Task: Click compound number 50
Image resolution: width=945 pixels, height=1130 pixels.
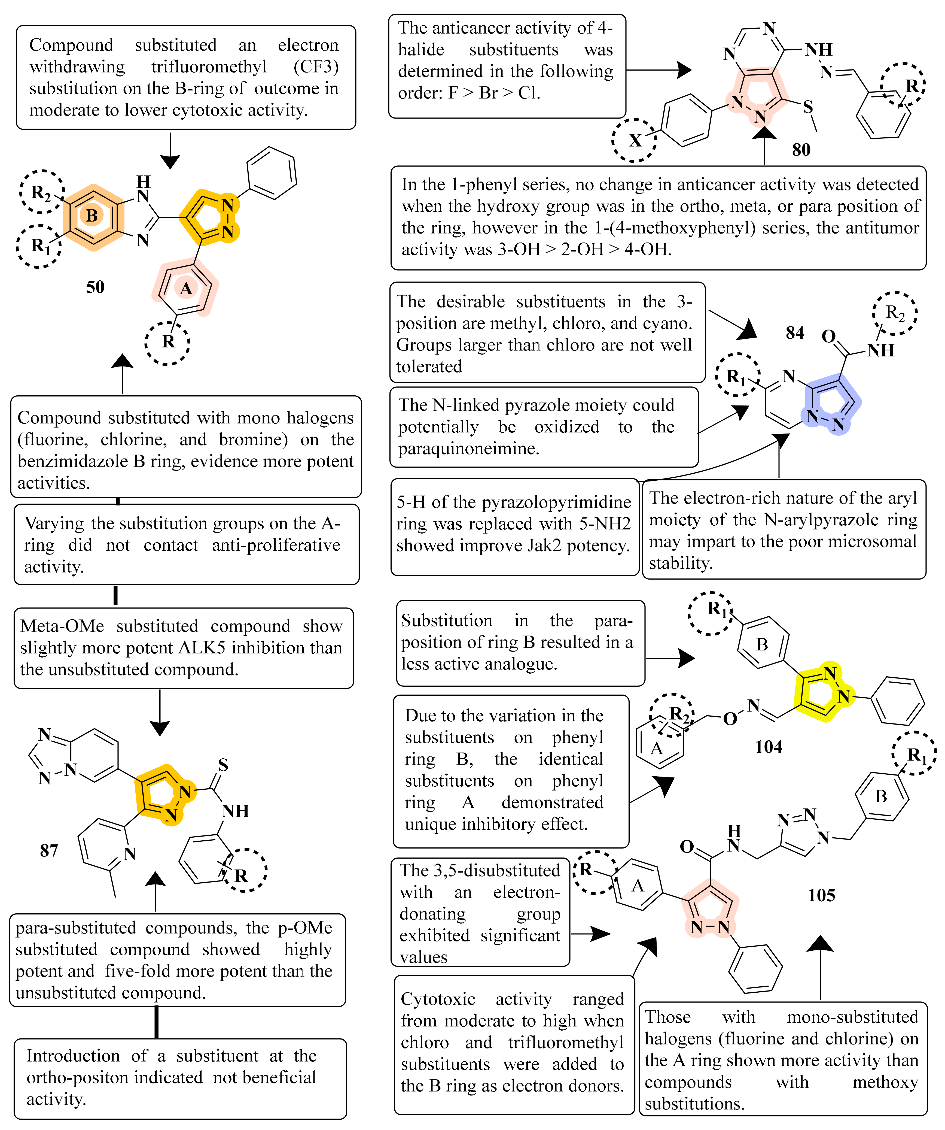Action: pos(95,287)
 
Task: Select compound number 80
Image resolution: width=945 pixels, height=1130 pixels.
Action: pos(801,150)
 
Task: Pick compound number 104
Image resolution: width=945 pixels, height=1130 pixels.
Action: pos(768,747)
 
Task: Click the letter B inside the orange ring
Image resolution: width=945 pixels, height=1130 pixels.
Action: pos(92,216)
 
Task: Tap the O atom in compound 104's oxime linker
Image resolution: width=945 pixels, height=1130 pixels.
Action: pos(730,719)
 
